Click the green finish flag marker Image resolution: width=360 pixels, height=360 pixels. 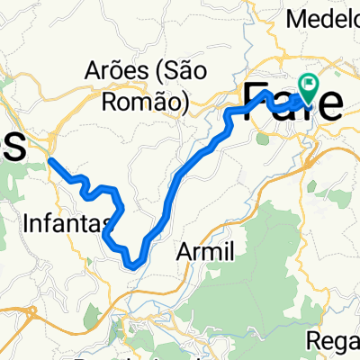click(x=310, y=86)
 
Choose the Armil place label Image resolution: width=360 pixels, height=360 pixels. click(x=207, y=251)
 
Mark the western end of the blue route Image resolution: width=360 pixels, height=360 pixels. click(x=50, y=160)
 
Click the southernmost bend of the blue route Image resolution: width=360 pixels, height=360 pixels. click(x=132, y=265)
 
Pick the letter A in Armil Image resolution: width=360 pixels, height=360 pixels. click(x=187, y=251)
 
